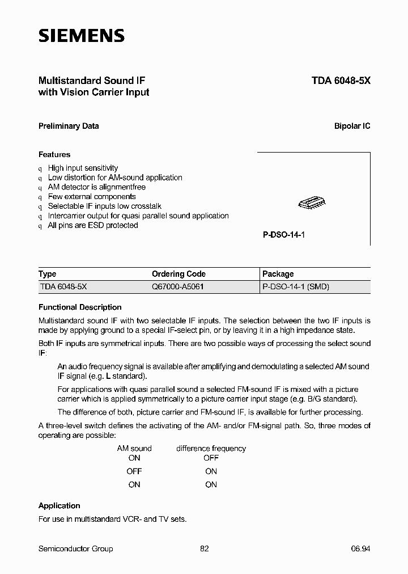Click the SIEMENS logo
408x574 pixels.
[81, 36]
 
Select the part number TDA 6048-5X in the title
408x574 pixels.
[341, 81]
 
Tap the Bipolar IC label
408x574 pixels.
[352, 126]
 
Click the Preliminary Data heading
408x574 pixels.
[69, 126]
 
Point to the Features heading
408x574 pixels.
[54, 154]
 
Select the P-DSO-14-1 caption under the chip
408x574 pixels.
[284, 234]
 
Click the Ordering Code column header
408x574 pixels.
[178, 273]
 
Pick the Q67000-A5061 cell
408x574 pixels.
[177, 286]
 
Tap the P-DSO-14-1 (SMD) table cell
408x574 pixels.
[295, 286]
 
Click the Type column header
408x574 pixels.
[48, 273]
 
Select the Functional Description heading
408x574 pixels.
[80, 307]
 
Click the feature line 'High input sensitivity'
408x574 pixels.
[83, 168]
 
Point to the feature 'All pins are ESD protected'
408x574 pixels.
[92, 225]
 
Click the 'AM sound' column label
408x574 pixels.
[134, 448]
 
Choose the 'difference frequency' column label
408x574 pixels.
[211, 448]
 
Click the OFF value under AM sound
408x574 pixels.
[134, 471]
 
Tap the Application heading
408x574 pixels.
[59, 505]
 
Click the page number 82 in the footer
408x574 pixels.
[205, 548]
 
